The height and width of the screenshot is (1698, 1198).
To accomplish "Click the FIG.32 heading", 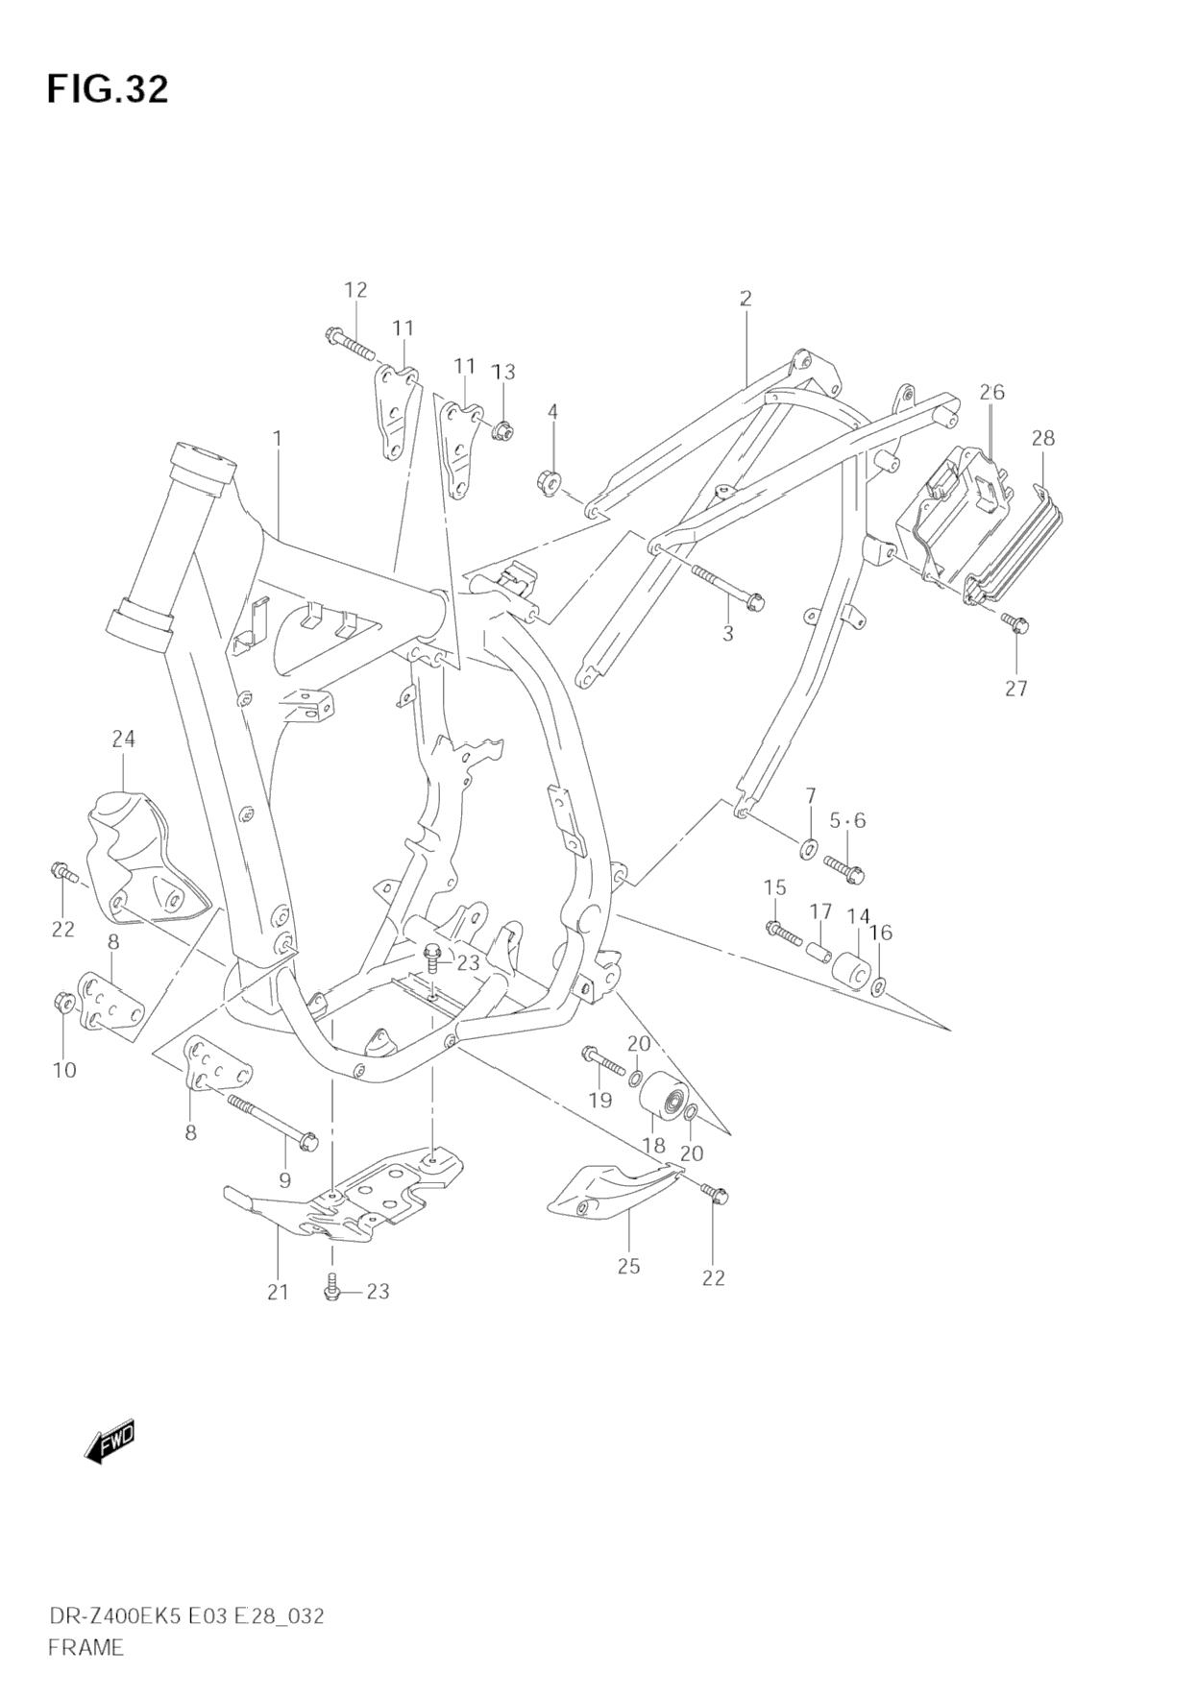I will (107, 88).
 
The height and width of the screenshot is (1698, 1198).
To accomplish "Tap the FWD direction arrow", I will (110, 1442).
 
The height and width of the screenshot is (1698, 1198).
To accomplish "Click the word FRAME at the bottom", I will (85, 1646).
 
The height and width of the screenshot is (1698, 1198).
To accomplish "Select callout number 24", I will (123, 739).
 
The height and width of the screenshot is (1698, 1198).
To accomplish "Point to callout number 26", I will (991, 392).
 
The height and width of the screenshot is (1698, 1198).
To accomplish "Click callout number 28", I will (1042, 438).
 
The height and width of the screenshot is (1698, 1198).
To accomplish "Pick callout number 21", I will (278, 1292).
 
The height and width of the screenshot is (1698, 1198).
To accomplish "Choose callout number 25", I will (628, 1266).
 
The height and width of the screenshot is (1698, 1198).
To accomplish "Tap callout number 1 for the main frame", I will (277, 439).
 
